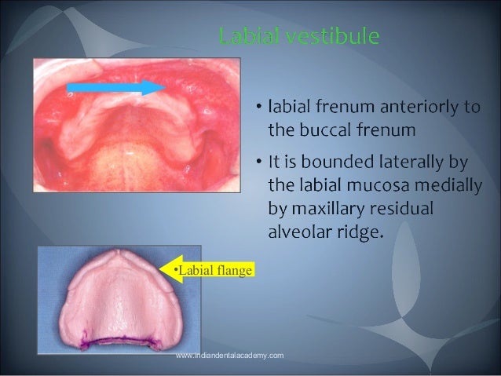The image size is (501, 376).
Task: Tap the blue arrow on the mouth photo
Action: click(x=115, y=86)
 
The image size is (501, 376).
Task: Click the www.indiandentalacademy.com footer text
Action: click(x=230, y=356)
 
